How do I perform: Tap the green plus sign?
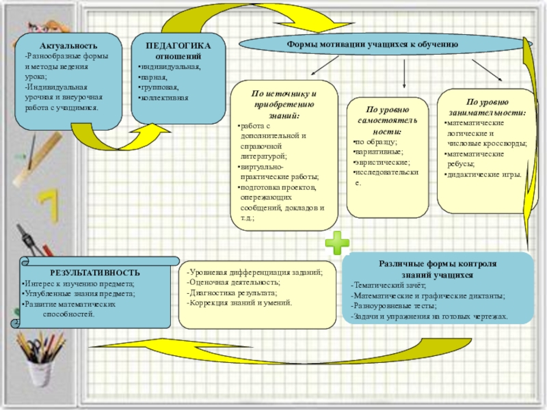pyautogui.click(x=337, y=242)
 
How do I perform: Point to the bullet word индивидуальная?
pyautogui.click(x=170, y=67)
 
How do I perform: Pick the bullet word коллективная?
pyautogui.click(x=164, y=98)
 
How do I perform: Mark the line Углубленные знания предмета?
pyautogui.click(x=79, y=293)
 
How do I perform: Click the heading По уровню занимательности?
pyautogui.click(x=487, y=107)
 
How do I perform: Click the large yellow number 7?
pyautogui.click(x=48, y=205)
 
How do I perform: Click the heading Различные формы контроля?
pyautogui.click(x=437, y=264)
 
